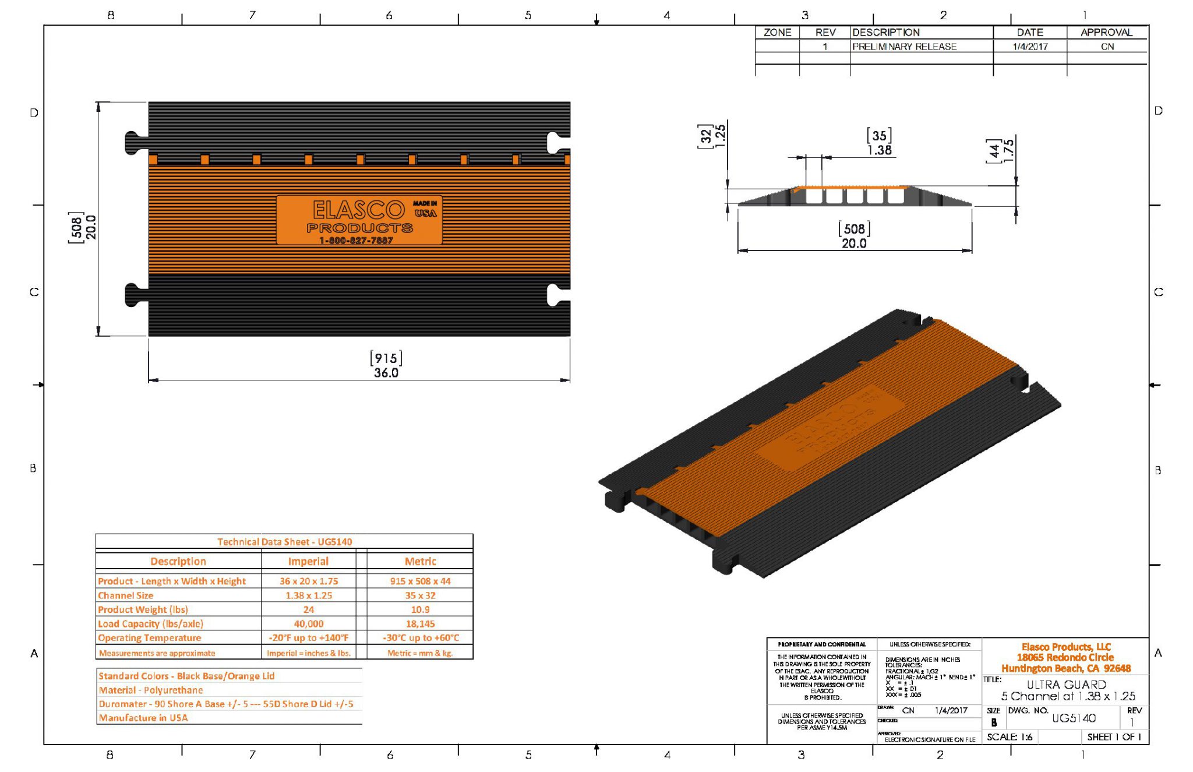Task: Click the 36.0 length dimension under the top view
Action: point(386,373)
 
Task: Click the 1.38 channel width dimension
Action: point(879,150)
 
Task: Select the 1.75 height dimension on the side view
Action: point(1008,150)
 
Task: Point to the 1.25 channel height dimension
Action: point(720,136)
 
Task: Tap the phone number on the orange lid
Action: point(356,241)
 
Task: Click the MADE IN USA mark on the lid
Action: point(425,209)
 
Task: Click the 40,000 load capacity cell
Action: point(308,623)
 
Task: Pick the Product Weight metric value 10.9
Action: point(420,609)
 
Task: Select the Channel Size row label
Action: point(126,595)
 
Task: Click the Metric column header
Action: point(420,561)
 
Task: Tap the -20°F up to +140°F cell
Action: point(308,637)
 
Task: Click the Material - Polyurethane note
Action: point(151,690)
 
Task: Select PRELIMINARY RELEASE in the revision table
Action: point(904,47)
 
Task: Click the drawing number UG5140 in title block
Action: point(1074,718)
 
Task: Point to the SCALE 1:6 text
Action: point(1009,737)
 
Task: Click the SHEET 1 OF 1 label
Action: point(1114,737)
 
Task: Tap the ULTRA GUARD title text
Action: point(1066,685)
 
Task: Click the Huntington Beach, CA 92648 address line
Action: point(1066,668)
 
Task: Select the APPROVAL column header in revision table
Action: point(1106,33)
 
